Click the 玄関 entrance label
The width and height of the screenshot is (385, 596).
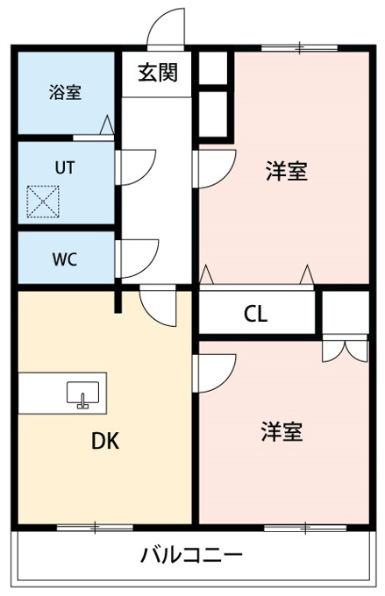(158, 72)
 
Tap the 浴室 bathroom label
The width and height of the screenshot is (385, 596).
(65, 92)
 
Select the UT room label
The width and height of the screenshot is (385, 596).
(65, 167)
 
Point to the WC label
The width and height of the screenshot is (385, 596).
(65, 259)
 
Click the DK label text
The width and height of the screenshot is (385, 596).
(105, 441)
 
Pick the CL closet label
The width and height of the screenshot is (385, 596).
(256, 314)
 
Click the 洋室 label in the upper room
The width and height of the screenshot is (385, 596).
(287, 171)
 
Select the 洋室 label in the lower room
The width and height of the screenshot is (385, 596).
(282, 431)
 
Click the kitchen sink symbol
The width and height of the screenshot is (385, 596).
(83, 395)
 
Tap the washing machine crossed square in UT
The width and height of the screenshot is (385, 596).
(43, 202)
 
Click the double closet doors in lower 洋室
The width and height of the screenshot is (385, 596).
(345, 348)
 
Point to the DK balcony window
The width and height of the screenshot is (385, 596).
(95, 528)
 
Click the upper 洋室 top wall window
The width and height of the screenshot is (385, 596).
(299, 48)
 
